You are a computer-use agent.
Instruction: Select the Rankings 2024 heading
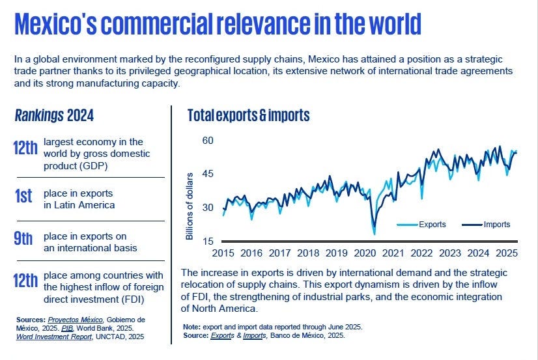click(x=54, y=116)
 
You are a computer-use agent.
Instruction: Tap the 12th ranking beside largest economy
click(x=25, y=148)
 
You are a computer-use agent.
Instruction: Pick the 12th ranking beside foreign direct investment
click(x=25, y=281)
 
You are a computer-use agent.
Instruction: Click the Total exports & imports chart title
click(x=248, y=116)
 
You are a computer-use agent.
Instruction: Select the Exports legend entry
click(x=431, y=225)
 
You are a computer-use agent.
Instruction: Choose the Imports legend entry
click(x=496, y=225)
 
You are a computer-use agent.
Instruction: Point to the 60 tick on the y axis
click(x=207, y=141)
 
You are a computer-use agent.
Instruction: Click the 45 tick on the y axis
click(x=207, y=174)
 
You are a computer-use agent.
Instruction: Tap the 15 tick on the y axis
click(x=207, y=242)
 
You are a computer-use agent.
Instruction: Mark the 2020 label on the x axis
click(x=365, y=253)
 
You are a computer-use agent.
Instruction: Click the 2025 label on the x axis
click(x=506, y=253)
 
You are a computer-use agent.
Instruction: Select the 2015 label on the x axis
click(x=223, y=253)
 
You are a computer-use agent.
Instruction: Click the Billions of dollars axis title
click(x=190, y=206)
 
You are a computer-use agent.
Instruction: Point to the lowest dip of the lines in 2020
click(x=374, y=233)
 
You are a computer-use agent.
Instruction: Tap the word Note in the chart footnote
click(x=192, y=326)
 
